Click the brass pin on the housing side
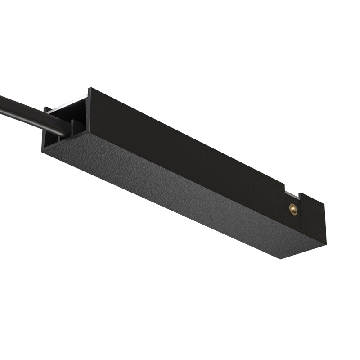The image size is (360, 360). (x=293, y=209)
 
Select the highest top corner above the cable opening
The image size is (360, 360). (x=89, y=88)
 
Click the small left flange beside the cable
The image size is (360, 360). (x=46, y=110)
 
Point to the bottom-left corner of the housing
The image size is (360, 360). (x=43, y=151)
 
